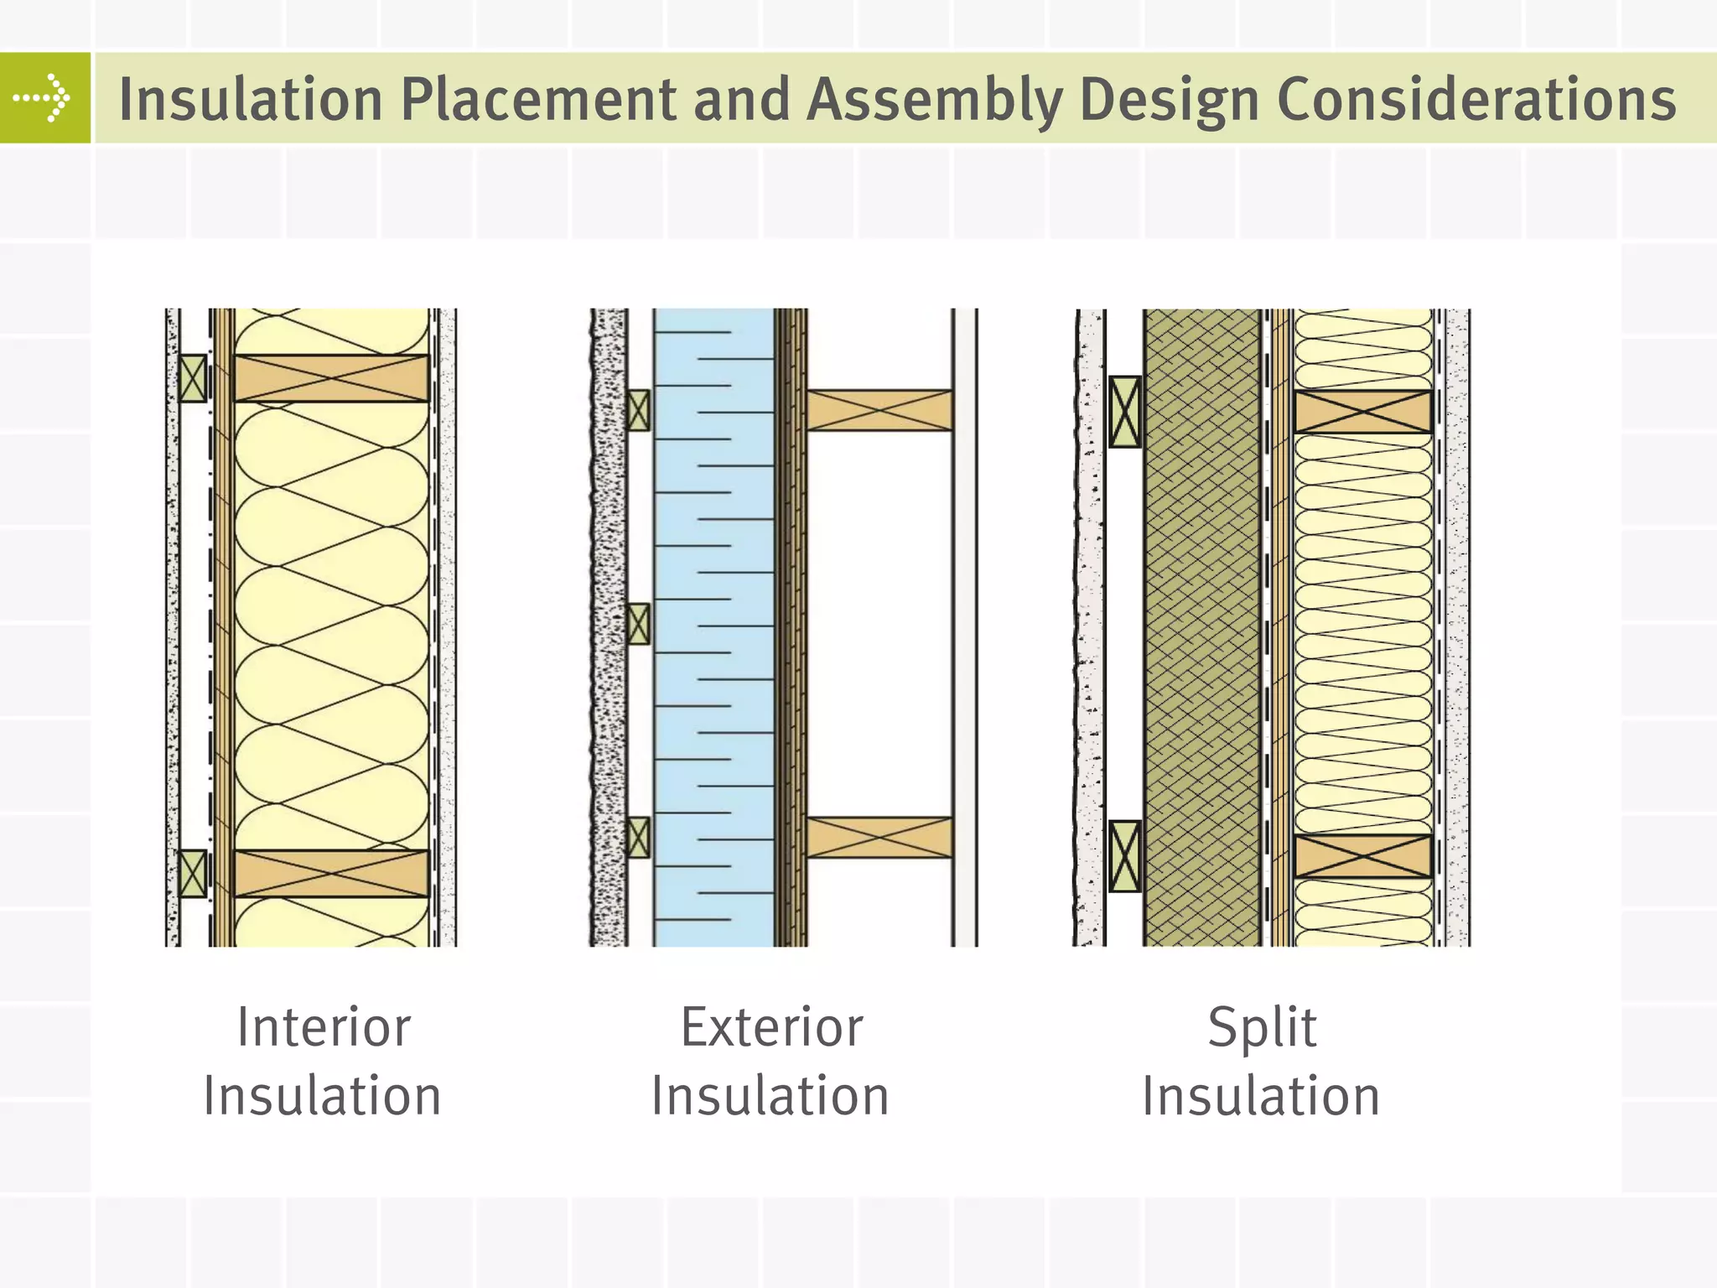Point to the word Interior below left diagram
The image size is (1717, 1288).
[x=324, y=1027]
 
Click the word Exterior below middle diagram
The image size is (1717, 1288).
[x=771, y=1027]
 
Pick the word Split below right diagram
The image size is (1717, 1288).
[x=1262, y=1027]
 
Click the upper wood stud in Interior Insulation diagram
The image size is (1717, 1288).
[x=331, y=378]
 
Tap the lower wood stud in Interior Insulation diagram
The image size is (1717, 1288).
[x=331, y=874]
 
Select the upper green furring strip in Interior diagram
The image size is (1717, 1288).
[x=193, y=378]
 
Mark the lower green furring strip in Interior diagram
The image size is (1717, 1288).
[x=193, y=874]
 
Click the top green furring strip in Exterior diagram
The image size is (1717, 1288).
[x=638, y=411]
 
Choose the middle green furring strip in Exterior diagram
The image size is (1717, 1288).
[x=638, y=624]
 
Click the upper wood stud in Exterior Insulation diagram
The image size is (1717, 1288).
[x=879, y=411]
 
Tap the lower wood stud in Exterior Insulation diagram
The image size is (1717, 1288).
[x=879, y=838]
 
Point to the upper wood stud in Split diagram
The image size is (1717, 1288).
[x=1362, y=412]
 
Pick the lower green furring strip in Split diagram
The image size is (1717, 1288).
[x=1125, y=856]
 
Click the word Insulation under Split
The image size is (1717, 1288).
[x=1261, y=1097]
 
